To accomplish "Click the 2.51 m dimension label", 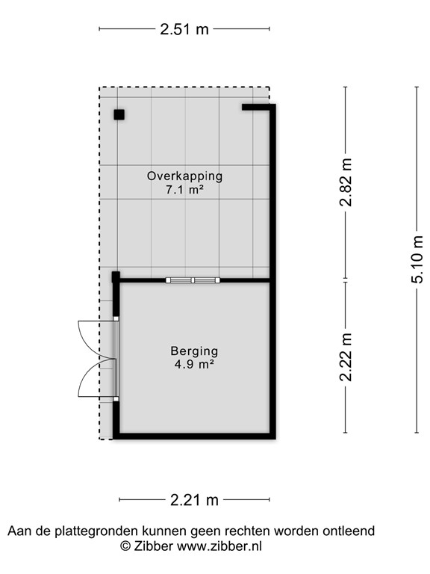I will (184, 30).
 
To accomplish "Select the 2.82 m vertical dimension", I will (346, 185).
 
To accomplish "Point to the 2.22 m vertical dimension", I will (346, 357).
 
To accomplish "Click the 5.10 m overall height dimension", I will (417, 259).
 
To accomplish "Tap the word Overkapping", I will (184, 176).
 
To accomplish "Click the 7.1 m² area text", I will (184, 191).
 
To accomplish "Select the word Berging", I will (193, 351).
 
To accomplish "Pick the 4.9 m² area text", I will (193, 365).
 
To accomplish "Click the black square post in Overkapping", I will (119, 114).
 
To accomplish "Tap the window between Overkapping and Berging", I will (193, 280).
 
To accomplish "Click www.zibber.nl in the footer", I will (219, 546).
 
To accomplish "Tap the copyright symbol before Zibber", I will (126, 546).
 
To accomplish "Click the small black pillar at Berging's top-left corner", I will (116, 277).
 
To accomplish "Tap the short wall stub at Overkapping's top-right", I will (257, 108).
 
